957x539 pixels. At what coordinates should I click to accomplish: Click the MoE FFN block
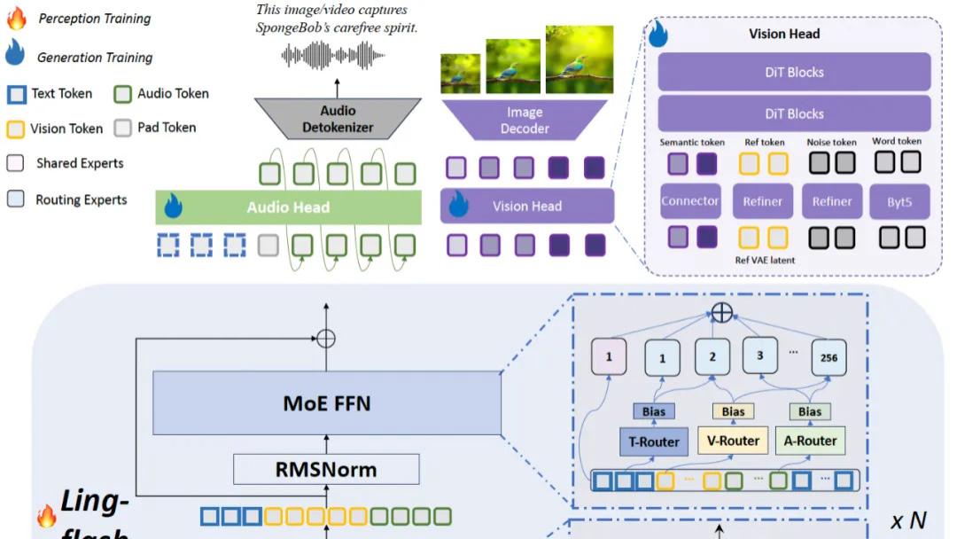(x=327, y=403)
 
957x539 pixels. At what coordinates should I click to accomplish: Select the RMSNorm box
(x=326, y=469)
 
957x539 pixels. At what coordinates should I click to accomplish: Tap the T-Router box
(x=654, y=441)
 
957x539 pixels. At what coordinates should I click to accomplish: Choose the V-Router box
(x=733, y=441)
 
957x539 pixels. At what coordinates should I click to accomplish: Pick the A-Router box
(x=809, y=441)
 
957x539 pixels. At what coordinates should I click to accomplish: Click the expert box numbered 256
(x=829, y=357)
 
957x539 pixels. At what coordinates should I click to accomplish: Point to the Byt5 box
(x=899, y=202)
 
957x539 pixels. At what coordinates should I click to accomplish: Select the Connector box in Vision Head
(x=690, y=202)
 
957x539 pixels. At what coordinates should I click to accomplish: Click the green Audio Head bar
(x=288, y=207)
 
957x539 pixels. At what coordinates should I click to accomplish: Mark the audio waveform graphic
(x=336, y=56)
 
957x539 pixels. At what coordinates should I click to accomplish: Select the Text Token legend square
(x=16, y=94)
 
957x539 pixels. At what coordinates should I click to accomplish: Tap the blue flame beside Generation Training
(x=15, y=55)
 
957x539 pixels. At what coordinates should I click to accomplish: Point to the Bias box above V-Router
(x=733, y=411)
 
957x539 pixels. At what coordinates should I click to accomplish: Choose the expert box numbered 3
(x=759, y=355)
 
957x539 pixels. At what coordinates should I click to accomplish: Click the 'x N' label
(x=908, y=519)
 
